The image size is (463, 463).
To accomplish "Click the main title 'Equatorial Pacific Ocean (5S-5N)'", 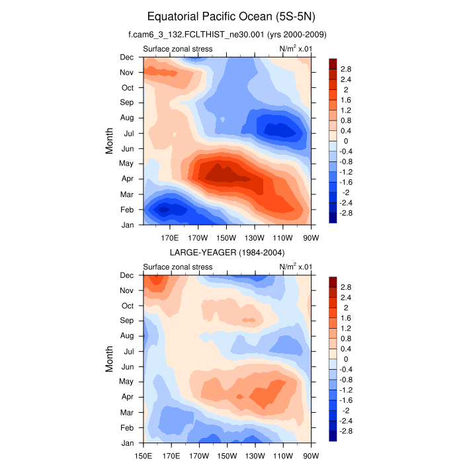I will (x=232, y=16).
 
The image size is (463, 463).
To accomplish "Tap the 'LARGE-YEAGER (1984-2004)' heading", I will (x=227, y=253).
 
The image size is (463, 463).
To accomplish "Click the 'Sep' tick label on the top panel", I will (x=126, y=103).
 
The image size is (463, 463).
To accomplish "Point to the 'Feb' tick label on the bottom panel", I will (x=126, y=427).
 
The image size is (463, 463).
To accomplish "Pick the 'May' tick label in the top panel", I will (x=126, y=163).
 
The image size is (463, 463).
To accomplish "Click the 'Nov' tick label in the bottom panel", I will (x=126, y=290).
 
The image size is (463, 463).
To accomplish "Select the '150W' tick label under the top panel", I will (x=226, y=238).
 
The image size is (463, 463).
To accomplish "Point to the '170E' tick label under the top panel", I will (x=171, y=238).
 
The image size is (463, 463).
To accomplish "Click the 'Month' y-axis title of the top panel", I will (x=110, y=141).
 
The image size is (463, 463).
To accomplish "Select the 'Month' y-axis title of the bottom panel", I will (x=110, y=359).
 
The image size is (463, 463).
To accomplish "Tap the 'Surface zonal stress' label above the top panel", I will (x=178, y=49).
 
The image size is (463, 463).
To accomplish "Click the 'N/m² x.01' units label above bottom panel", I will (x=296, y=267).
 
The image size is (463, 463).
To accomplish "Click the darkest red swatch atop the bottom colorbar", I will (x=333, y=282).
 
